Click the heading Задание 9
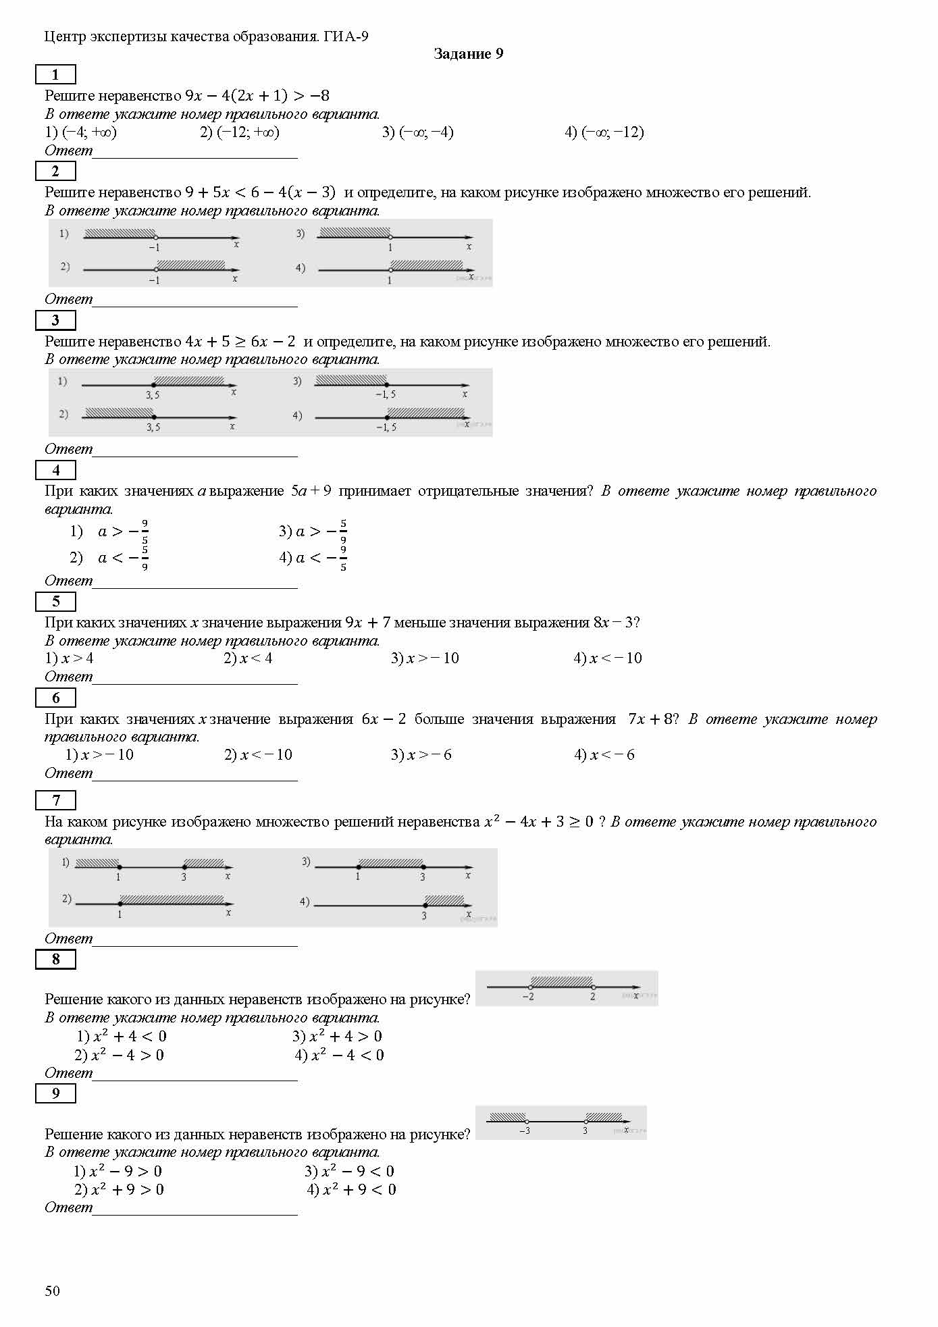coord(468,54)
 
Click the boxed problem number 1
coord(55,74)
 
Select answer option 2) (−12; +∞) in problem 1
coord(239,132)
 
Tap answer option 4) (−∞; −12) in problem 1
coord(604,132)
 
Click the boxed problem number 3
coord(55,320)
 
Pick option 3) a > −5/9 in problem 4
coord(313,532)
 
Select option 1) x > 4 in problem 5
coord(70,658)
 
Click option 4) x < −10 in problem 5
coord(607,658)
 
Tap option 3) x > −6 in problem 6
coord(421,755)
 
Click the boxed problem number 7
coord(55,800)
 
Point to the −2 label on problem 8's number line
coord(528,997)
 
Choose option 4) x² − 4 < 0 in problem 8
coord(339,1056)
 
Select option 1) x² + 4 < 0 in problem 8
coord(122,1037)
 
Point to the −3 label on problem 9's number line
coord(524,1130)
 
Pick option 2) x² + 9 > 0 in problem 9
coord(119,1190)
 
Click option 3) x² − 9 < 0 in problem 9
coord(349,1172)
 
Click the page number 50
coord(52,1291)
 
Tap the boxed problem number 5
coord(55,601)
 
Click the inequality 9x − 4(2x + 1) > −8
coord(257,96)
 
